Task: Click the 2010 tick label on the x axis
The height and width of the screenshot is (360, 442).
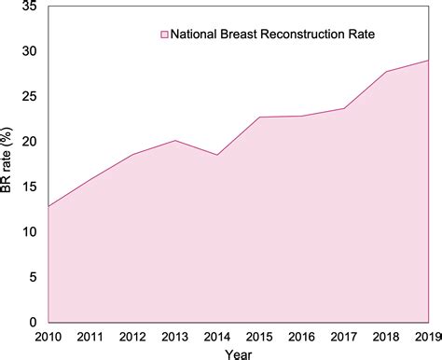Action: point(48,336)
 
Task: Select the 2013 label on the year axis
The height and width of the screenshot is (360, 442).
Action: point(176,336)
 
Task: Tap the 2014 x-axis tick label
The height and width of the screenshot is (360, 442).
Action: point(218,336)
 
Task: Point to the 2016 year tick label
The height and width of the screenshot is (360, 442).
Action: point(301,336)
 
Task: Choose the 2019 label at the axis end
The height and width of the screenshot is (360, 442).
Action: point(427,336)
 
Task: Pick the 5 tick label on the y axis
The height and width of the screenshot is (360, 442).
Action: point(33,277)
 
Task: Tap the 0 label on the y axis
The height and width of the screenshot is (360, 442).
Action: point(33,322)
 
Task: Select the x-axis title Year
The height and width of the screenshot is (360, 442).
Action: point(238,353)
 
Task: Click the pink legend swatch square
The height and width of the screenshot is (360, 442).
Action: point(163,35)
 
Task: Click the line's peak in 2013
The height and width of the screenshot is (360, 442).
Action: point(174,141)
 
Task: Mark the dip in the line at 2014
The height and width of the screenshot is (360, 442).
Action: point(216,155)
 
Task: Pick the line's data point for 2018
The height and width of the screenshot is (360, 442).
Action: point(386,72)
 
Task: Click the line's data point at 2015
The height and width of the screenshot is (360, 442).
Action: point(259,118)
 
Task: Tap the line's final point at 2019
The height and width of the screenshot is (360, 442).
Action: point(428,61)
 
